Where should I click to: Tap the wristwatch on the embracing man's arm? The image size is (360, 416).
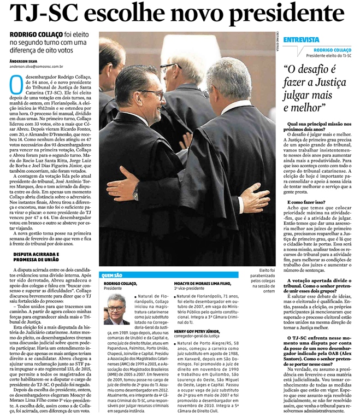click(x=135, y=192)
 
